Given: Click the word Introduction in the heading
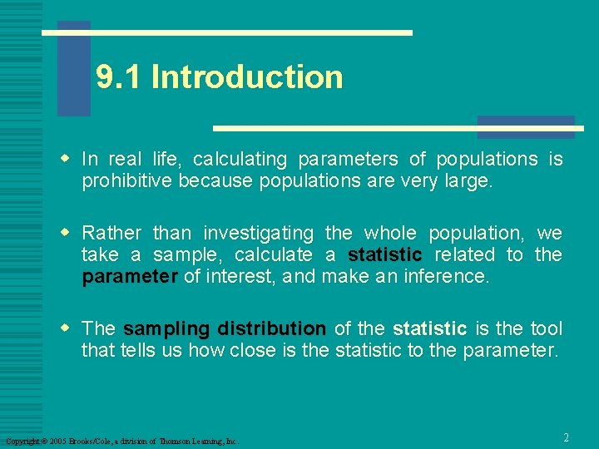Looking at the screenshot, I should pos(247,77).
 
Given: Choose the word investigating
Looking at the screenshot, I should pos(258,234).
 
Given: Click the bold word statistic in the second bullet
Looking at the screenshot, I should pos(385,255).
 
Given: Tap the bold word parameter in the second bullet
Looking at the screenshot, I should pos(129,277).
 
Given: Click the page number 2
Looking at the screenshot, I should pos(566,437).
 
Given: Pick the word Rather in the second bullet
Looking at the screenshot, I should pos(111,234).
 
